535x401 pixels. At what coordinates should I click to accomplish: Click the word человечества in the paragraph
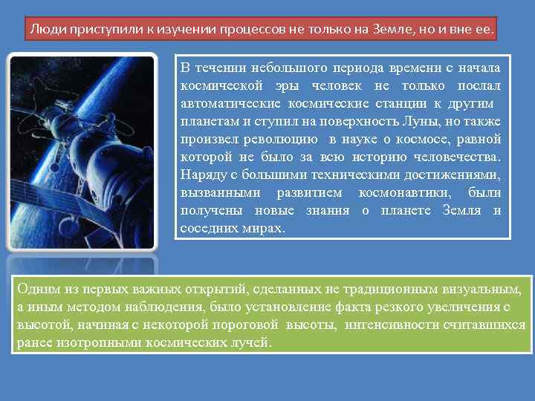tap(460, 157)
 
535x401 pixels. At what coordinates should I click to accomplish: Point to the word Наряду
tap(202, 175)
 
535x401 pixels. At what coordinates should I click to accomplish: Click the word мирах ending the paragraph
tap(264, 228)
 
